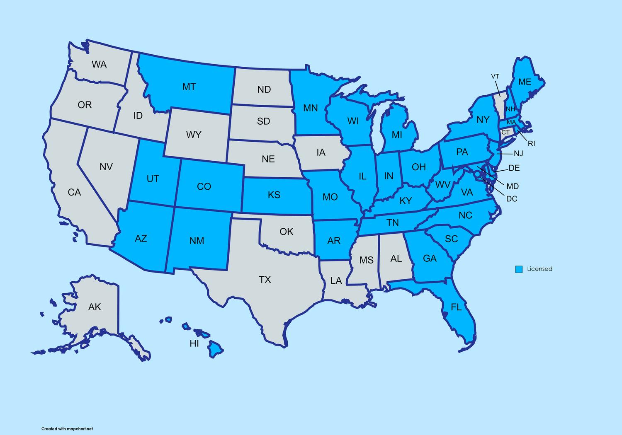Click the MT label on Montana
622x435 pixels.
coord(189,87)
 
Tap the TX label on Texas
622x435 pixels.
coord(265,280)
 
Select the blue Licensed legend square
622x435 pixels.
coord(519,269)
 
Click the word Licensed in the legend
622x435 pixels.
coord(539,269)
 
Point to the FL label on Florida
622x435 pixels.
coord(456,307)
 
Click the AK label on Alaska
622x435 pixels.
coord(95,307)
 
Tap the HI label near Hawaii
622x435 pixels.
coord(194,343)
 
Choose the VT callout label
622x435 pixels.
coord(495,77)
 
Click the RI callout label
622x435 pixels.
coord(532,144)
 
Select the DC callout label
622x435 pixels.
coord(512,199)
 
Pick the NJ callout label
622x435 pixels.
coord(518,154)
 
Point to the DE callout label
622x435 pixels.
coord(514,168)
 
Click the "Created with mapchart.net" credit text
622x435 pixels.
coord(67,429)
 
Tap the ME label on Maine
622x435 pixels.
coord(525,82)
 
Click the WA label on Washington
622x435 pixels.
coord(99,64)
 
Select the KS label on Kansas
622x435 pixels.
coord(274,195)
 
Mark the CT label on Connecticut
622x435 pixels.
coord(505,133)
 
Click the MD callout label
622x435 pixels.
coord(513,187)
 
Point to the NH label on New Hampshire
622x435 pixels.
coord(510,109)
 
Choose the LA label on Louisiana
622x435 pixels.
coord(336,281)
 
